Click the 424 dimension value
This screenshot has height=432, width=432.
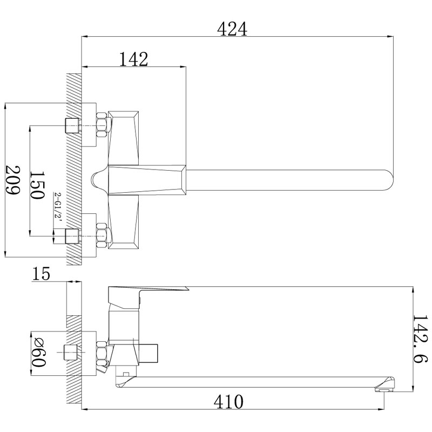click(x=232, y=29)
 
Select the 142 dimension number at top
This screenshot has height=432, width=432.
click(x=133, y=59)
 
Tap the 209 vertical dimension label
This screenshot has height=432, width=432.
click(x=13, y=180)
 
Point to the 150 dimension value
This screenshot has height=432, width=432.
click(x=37, y=185)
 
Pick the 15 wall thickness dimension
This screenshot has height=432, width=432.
click(x=41, y=274)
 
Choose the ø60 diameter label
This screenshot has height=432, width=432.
click(x=38, y=353)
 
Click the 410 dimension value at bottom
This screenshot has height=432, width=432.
click(x=228, y=402)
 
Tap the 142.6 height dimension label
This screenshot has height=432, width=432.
click(x=421, y=339)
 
